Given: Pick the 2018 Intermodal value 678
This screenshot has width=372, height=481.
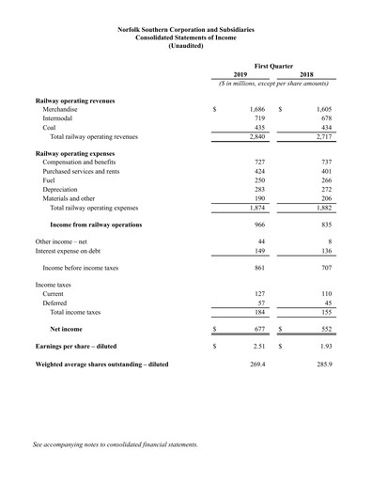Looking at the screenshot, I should click(x=326, y=123).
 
